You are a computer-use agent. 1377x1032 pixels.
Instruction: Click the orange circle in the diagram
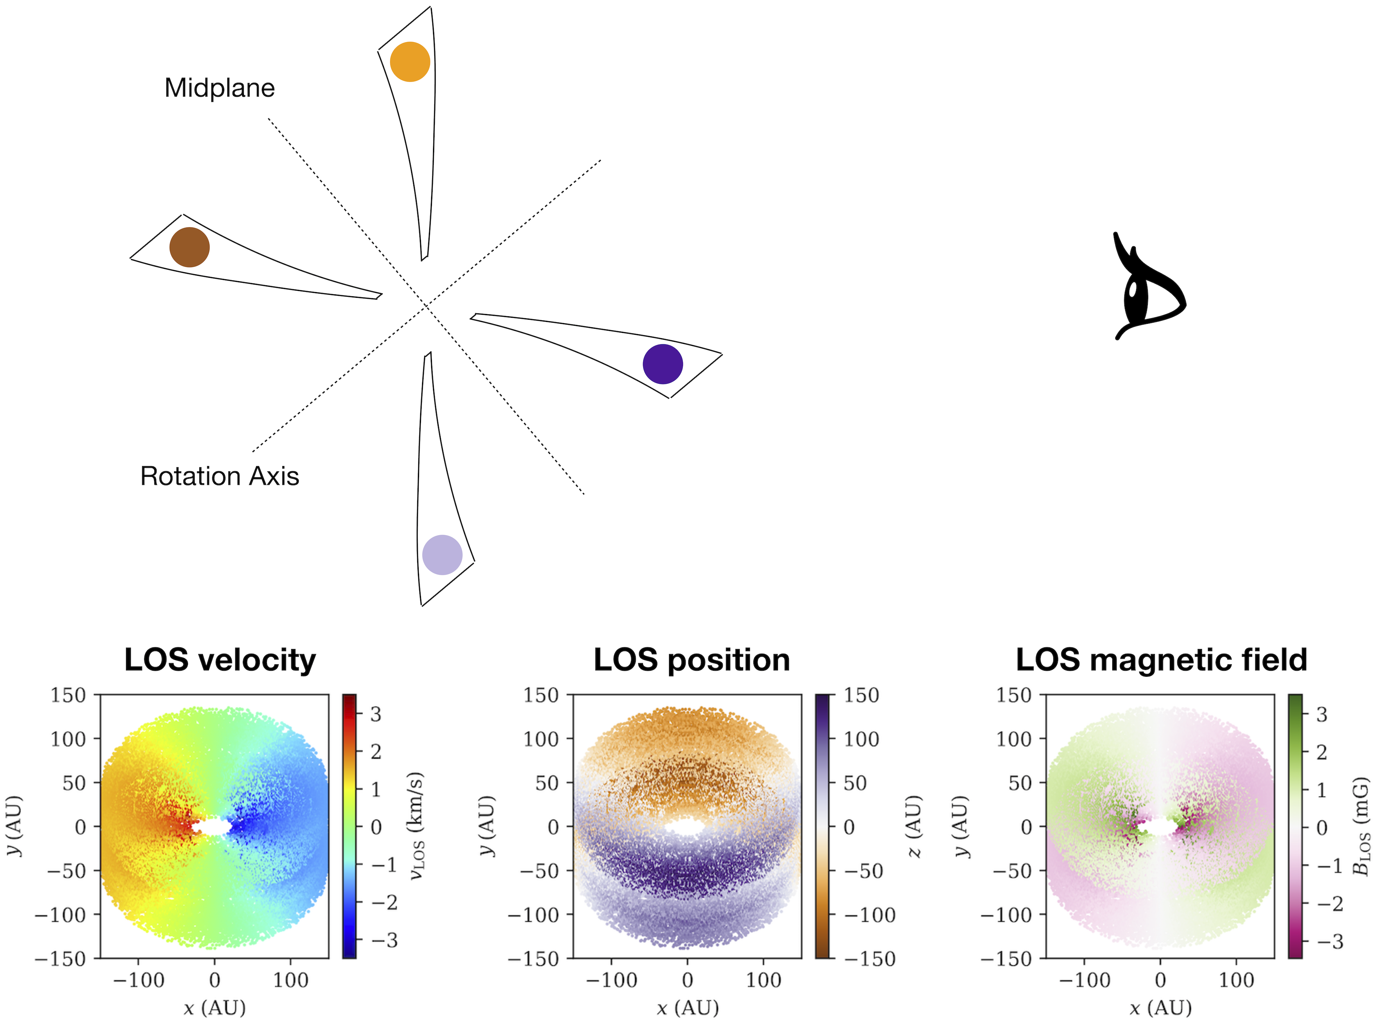point(410,62)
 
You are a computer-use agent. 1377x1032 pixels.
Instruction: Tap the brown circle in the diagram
point(189,247)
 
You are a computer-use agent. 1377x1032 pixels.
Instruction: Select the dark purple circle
point(662,364)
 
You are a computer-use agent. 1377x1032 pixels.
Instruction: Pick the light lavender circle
point(442,554)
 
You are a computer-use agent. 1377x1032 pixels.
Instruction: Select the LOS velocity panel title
point(220,660)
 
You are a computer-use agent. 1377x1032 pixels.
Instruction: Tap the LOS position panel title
point(692,660)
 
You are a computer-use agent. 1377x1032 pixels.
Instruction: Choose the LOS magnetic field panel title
point(1161,660)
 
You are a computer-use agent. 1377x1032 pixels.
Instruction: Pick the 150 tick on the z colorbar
point(861,695)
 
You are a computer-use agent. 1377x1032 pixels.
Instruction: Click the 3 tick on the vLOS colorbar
point(376,714)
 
